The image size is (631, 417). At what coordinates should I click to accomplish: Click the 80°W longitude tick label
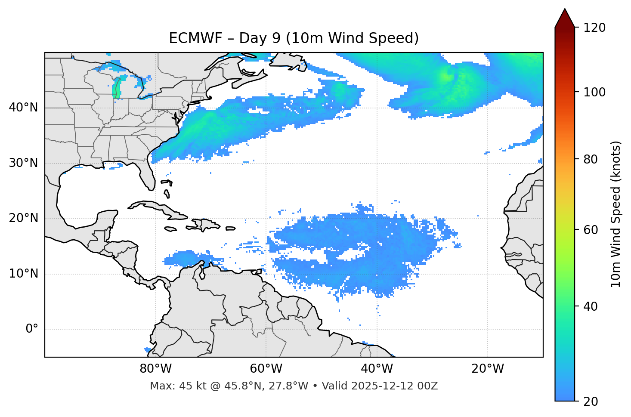coord(155,369)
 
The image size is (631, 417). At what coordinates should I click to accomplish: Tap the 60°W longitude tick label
coord(266,369)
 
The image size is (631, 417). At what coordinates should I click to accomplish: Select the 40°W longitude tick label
coord(377,369)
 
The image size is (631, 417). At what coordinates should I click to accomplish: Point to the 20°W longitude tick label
coord(487,369)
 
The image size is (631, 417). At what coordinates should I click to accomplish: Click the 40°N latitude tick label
coord(23,108)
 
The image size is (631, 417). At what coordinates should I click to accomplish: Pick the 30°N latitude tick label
coord(23,163)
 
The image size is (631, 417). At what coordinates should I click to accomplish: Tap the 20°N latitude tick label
coord(23,218)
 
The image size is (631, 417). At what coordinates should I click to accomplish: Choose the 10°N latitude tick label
coord(23,274)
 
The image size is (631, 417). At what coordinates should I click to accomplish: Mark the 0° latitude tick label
coord(32,329)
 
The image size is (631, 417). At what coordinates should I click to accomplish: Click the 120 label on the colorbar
coord(594,28)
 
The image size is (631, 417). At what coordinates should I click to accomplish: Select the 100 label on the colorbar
coord(594,92)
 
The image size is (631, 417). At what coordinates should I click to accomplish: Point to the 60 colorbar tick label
coord(591,230)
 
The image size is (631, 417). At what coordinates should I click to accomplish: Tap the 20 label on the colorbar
coord(591,402)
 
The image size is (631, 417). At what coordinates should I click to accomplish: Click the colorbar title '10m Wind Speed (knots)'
coord(616,214)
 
